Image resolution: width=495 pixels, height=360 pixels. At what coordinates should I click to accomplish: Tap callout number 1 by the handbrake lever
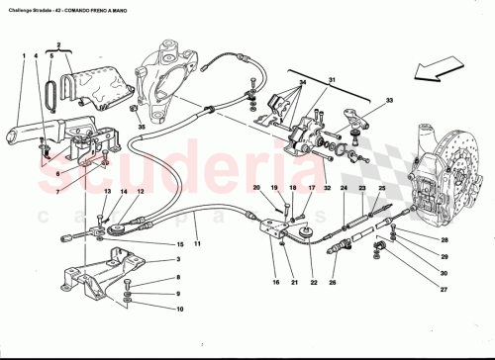22,55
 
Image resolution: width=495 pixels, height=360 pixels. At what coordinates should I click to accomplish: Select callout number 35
142,128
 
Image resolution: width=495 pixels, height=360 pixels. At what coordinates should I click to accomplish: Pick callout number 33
389,101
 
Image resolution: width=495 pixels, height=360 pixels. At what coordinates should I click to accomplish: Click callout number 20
256,188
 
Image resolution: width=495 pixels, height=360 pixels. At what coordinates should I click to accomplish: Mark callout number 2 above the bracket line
60,45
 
